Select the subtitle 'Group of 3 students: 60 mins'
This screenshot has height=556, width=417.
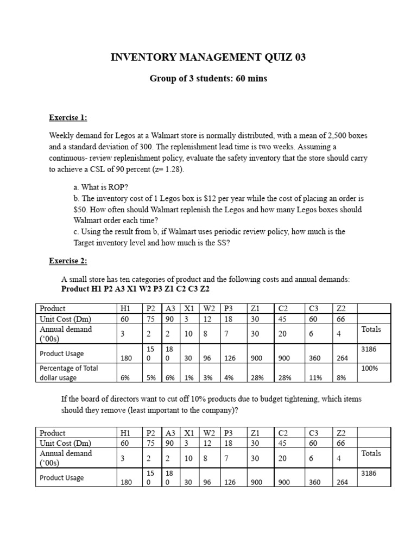(x=208, y=79)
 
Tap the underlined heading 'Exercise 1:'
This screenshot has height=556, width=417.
(x=68, y=117)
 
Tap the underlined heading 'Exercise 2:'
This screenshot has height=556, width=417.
(x=68, y=261)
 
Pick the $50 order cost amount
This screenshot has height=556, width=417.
(x=80, y=210)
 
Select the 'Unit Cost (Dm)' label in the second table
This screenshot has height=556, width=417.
(x=65, y=443)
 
